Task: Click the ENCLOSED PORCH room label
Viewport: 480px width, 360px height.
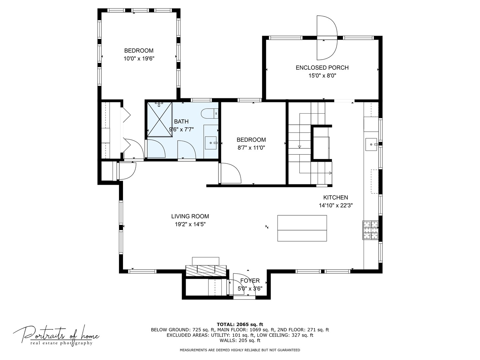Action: [322, 68]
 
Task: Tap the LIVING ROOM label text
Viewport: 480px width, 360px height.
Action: [190, 216]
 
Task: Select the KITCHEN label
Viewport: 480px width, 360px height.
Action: [335, 198]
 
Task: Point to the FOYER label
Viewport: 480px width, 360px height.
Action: [250, 281]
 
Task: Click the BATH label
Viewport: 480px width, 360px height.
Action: [181, 122]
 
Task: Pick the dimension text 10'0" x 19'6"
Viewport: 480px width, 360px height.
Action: [139, 59]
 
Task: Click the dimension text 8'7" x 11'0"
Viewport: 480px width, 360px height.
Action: [251, 148]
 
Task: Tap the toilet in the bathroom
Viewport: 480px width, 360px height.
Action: [209, 113]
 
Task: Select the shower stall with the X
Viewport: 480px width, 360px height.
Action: [159, 119]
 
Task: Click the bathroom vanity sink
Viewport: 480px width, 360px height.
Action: [211, 143]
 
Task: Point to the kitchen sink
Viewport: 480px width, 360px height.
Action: [371, 144]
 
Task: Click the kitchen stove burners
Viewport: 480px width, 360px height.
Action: [370, 230]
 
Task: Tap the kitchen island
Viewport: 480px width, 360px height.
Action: [302, 228]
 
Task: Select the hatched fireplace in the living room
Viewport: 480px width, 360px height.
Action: [206, 271]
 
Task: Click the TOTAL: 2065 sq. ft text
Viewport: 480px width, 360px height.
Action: [240, 324]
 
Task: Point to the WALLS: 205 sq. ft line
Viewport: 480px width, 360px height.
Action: [240, 340]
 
